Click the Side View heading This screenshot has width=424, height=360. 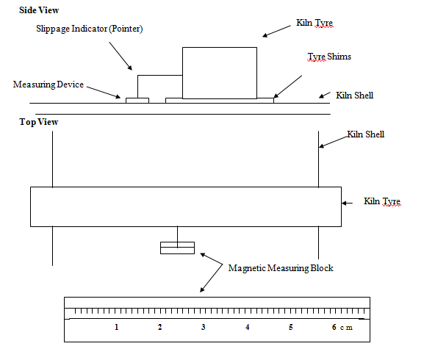click(x=39, y=10)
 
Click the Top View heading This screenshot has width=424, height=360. click(x=39, y=122)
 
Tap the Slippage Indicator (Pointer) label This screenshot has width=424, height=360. click(x=90, y=29)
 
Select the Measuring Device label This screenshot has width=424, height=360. click(x=48, y=84)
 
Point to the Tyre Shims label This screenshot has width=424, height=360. click(x=329, y=57)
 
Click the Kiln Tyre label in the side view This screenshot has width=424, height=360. click(x=315, y=23)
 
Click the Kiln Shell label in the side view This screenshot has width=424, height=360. click(x=354, y=96)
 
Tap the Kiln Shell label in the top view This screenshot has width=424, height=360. click(x=366, y=134)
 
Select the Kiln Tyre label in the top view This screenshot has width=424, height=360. click(x=382, y=201)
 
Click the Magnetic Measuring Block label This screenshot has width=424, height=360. click(x=281, y=268)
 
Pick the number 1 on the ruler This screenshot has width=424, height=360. click(x=117, y=327)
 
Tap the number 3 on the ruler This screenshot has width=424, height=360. click(x=204, y=327)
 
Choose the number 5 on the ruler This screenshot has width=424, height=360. click(x=291, y=327)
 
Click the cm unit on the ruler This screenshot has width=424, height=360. click(x=346, y=328)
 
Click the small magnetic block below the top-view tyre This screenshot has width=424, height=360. click(x=177, y=248)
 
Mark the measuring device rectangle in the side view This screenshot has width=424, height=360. click(x=137, y=101)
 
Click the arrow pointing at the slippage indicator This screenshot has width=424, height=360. click(x=121, y=56)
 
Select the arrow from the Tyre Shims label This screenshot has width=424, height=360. click(x=288, y=87)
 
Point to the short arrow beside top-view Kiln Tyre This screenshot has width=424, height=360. click(x=347, y=203)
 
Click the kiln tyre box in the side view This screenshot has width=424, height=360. click(x=220, y=73)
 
